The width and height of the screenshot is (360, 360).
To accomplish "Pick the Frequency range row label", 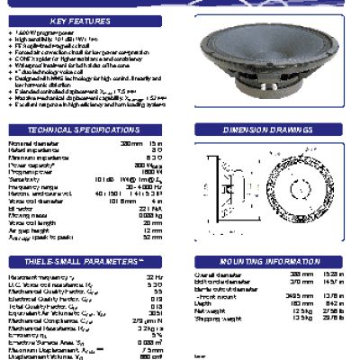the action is (31, 185).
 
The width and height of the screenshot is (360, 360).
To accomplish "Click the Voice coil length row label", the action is (31, 223).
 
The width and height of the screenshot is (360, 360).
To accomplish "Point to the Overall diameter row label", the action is (216, 274).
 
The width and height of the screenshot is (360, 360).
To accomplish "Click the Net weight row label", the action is (209, 310).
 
